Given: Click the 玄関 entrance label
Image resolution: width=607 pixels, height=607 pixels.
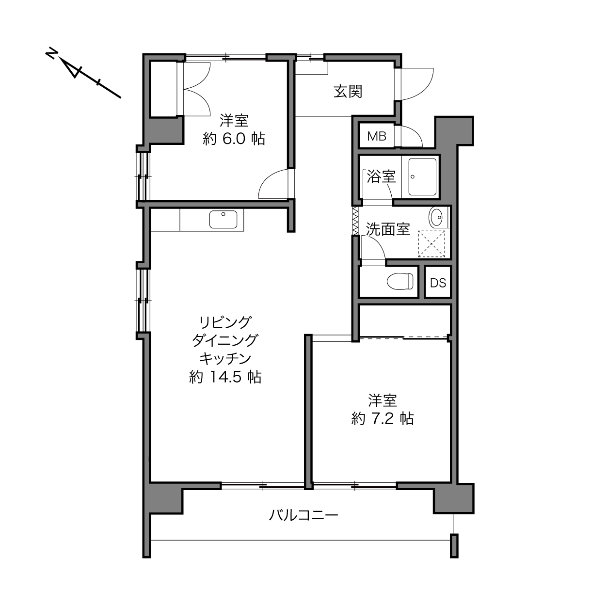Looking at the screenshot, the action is point(348,91).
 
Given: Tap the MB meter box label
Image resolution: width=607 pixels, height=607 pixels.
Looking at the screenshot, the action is point(377,136).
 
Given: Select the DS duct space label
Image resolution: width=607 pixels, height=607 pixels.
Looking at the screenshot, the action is point(438,283).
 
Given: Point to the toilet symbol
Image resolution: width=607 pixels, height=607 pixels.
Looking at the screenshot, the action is point(399,281).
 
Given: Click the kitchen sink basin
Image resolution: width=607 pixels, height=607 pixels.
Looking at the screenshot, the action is point(224,219).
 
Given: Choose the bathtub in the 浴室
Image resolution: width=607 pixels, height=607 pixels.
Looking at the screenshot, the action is point(422,176).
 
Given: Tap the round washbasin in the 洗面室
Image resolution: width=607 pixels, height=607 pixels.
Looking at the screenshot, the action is point(436,217).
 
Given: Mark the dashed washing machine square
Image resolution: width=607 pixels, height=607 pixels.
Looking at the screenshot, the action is point(431,244).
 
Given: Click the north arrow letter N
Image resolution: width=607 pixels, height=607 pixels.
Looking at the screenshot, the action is point(51,53).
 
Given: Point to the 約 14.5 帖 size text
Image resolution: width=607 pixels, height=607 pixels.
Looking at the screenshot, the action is point(225,377).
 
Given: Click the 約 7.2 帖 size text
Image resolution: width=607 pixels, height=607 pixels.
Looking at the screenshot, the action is point(383,418).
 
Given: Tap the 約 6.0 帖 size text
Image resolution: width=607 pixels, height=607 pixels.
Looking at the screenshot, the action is point(234,139).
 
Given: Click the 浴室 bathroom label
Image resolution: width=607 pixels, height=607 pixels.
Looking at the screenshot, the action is point(381,176).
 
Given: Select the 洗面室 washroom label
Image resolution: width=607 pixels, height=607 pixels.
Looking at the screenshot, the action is point(388,229).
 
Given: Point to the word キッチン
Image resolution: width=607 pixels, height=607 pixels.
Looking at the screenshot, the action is point(225,358).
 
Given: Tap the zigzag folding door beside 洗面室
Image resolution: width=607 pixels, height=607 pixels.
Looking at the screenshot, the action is point(355,221).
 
